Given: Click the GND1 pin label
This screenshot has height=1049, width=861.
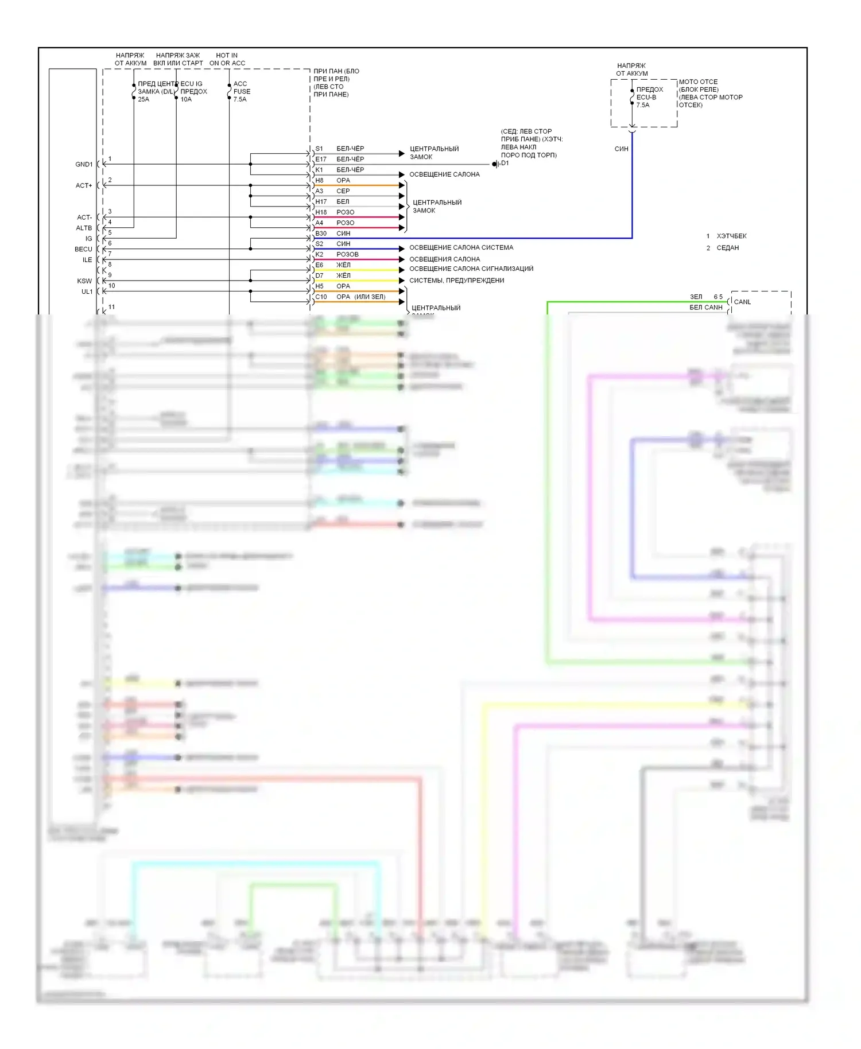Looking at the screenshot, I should coord(84,165).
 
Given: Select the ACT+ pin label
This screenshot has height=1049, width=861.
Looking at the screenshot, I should coord(84,186).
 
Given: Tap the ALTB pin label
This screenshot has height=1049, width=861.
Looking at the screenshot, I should coord(84,228).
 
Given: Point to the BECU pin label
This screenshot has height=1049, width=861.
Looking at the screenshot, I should coord(83,250).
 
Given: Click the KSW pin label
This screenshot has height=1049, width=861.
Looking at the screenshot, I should coord(84,281).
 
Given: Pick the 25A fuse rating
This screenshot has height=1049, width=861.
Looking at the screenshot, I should coord(143,100).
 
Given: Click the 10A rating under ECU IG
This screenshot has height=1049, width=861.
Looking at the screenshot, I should coord(186,100).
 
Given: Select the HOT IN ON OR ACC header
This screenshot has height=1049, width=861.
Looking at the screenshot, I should coord(227,60).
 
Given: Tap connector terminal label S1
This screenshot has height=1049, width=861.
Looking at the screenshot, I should coord(319,149).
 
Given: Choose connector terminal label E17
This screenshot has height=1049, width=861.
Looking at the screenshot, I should coord(321,160).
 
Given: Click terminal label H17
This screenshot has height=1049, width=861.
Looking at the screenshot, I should coord(321,202).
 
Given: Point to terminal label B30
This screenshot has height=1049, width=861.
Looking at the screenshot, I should coord(321,234).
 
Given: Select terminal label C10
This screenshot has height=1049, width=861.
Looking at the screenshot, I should coord(321,297).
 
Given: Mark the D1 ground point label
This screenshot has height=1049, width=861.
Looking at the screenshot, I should coord(505,164).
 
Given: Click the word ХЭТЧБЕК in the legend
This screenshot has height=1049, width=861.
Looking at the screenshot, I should coord(731,236).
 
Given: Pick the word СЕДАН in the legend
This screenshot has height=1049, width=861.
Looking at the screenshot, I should coord(728,248).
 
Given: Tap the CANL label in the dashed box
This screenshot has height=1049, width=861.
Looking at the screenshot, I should coord(742,302).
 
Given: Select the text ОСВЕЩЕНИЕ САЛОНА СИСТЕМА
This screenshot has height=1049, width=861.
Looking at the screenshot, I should coord(461,248).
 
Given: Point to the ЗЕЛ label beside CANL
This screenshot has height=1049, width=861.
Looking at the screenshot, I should coord(696,297).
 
